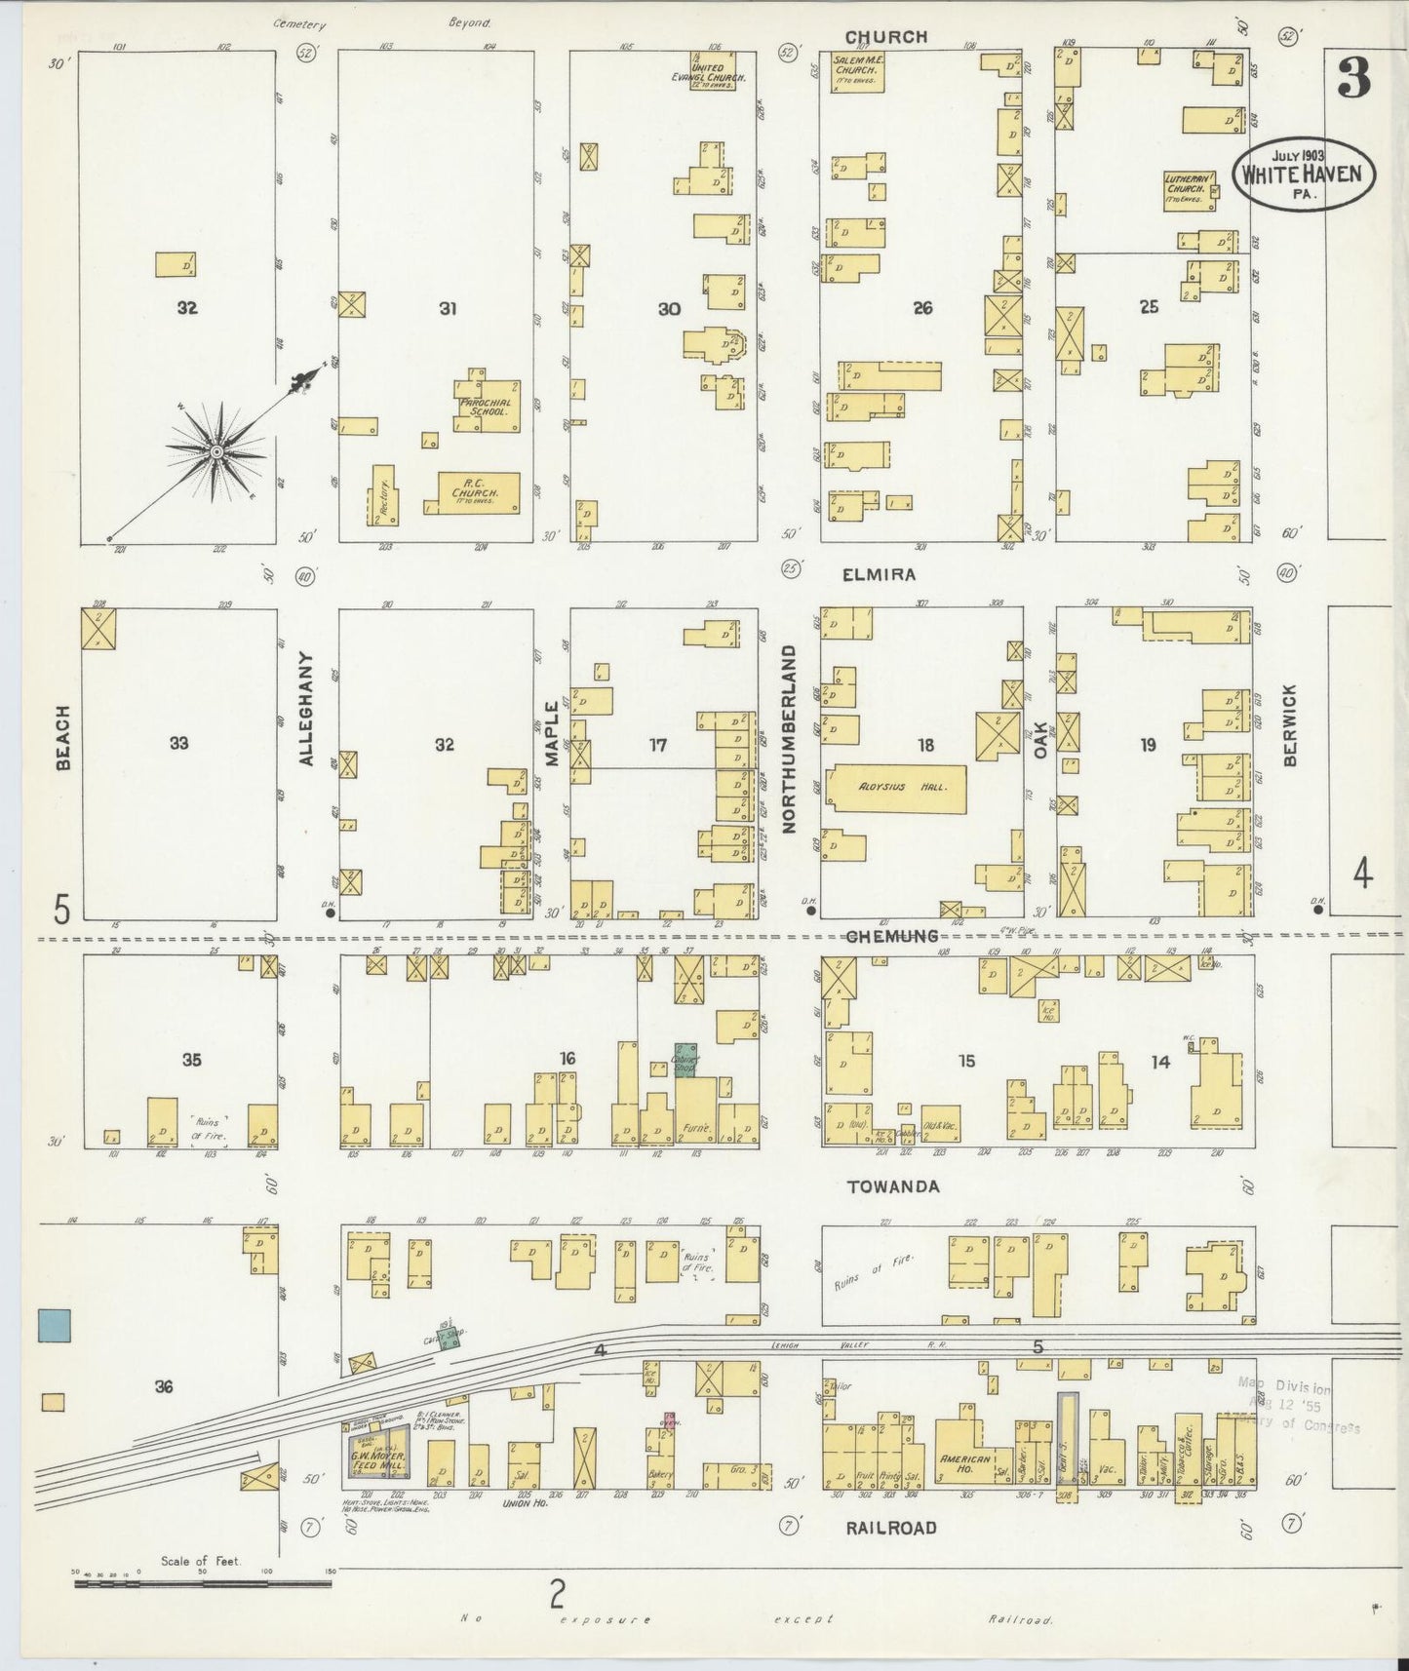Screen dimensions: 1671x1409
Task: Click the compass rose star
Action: click(x=215, y=451)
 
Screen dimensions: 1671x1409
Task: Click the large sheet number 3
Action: click(x=1353, y=78)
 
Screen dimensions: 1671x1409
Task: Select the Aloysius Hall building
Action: click(x=896, y=787)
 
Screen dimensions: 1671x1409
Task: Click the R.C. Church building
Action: click(x=478, y=492)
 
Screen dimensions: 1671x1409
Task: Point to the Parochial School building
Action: click(x=487, y=406)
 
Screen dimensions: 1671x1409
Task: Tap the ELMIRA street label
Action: click(x=879, y=574)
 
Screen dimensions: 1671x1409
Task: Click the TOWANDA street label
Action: click(x=893, y=1186)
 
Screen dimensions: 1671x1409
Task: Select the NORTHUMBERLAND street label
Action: click(x=790, y=738)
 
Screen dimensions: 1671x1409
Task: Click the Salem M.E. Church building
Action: click(x=858, y=73)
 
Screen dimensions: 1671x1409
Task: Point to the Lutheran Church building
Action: click(x=1187, y=189)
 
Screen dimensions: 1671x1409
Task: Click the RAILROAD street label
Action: click(x=892, y=1528)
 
